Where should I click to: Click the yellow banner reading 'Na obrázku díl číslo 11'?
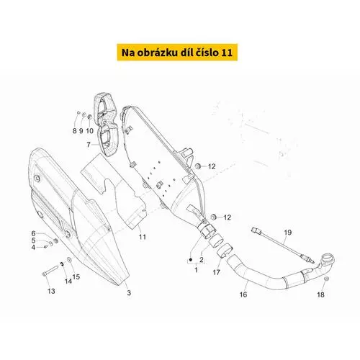177,53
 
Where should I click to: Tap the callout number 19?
288,233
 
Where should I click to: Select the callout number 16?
243,294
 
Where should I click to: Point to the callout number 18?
320,294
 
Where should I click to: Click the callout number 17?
216,272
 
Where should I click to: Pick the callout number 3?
129,293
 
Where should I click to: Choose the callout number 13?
51,291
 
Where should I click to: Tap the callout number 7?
89,145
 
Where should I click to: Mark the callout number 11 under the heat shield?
143,237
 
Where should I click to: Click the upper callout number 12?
212,166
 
